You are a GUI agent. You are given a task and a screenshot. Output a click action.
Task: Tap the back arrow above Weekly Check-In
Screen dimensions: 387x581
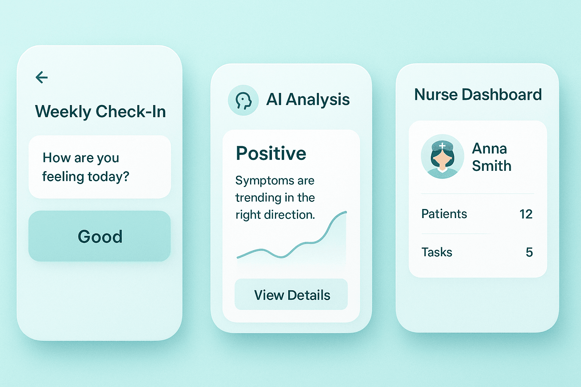[42, 77]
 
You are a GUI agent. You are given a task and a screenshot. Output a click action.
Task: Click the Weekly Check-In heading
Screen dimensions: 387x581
[100, 112]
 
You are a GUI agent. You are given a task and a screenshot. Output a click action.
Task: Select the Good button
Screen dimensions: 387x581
[99, 236]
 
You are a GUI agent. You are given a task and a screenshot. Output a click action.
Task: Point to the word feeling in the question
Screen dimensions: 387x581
[63, 176]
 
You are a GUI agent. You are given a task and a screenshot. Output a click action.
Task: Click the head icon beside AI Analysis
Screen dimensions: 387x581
[243, 100]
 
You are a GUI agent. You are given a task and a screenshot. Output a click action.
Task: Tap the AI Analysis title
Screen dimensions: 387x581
[308, 100]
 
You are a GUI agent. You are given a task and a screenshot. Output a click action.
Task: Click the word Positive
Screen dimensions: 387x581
[271, 153]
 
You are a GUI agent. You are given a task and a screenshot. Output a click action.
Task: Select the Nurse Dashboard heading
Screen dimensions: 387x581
[478, 95]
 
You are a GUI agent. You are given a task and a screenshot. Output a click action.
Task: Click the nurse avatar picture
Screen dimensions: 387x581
[442, 156]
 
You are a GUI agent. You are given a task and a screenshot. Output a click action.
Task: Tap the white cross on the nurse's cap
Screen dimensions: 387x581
[442, 146]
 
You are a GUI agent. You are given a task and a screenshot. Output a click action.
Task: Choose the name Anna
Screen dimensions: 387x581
[489, 149]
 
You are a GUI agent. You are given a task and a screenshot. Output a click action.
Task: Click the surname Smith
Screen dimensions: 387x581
[491, 166]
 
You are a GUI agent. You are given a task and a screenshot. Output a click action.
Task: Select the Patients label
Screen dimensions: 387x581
[444, 214]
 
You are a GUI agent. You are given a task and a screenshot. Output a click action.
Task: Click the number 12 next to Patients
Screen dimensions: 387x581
[526, 214]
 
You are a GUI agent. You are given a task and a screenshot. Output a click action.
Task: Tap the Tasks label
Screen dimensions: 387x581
[437, 252]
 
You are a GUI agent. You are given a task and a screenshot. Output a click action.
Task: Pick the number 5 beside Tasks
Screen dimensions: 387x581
[529, 252]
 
